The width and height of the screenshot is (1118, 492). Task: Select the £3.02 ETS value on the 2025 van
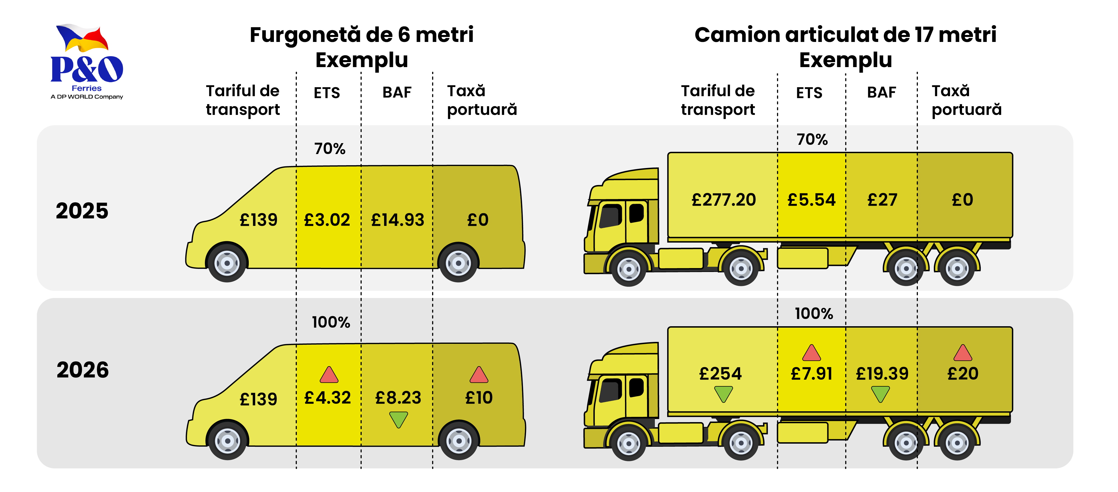click(327, 220)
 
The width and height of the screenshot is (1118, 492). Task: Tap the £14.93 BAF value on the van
click(397, 220)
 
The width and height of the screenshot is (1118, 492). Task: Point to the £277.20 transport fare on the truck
click(724, 200)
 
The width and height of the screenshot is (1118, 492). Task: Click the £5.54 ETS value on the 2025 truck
click(811, 200)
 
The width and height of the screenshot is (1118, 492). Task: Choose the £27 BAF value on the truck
click(882, 200)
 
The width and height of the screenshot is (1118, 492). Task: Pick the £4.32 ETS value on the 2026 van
click(327, 398)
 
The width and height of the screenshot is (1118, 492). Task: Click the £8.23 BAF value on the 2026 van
click(398, 398)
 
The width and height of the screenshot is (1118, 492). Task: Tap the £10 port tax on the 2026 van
click(479, 398)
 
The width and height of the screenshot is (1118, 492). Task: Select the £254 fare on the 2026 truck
click(721, 373)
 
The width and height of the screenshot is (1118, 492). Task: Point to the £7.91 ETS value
click(811, 373)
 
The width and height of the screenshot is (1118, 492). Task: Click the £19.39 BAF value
click(882, 373)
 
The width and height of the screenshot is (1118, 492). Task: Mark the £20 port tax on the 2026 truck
click(963, 373)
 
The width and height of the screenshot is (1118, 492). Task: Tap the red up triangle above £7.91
click(811, 353)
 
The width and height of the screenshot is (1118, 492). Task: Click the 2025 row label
click(82, 211)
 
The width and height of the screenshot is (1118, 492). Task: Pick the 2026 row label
click(82, 370)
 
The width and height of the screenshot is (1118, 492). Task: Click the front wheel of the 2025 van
click(227, 263)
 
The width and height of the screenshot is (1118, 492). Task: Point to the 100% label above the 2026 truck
click(814, 314)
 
